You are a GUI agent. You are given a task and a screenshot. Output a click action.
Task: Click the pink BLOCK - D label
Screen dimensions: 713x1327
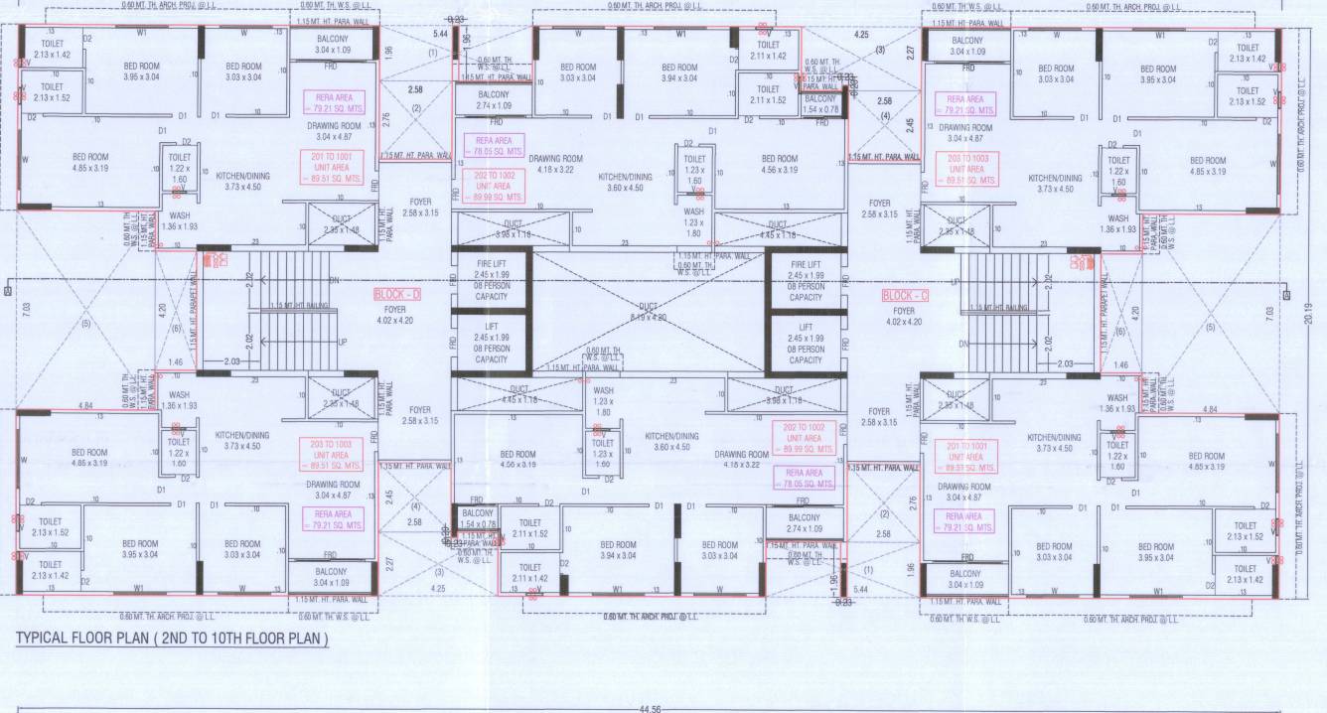(397, 295)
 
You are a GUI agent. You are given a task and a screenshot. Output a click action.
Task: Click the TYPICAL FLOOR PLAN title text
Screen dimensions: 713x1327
(172, 639)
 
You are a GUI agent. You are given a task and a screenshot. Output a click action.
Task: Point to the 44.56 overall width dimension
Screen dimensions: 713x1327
(651, 709)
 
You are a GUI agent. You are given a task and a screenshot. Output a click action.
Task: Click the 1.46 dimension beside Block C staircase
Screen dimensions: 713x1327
(1121, 365)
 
